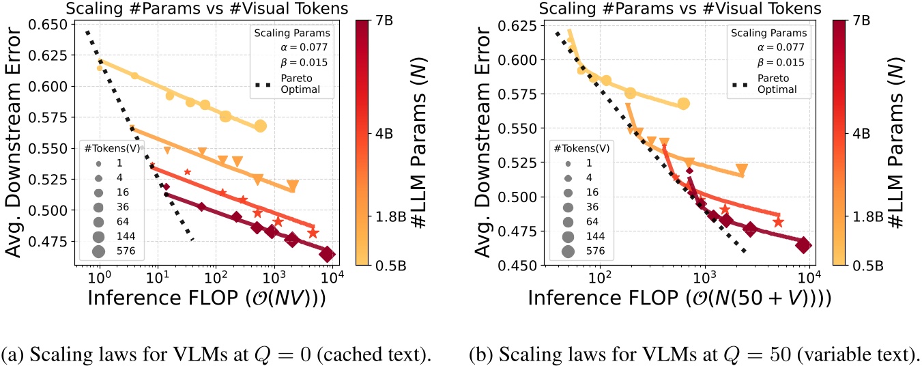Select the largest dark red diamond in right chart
[803, 246]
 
